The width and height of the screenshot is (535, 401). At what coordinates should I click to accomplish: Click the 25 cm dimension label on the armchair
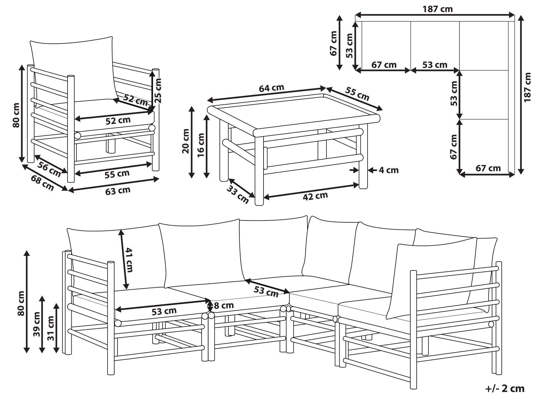coord(159,90)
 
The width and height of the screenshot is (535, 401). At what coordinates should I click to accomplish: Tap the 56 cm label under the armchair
coord(49,169)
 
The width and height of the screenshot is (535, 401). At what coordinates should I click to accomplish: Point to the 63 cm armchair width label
coord(118,191)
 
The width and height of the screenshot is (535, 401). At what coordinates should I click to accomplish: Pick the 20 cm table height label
coord(186,141)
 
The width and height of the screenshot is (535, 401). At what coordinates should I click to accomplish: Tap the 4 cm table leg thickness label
coord(389,170)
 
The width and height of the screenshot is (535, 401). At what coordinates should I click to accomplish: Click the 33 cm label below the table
coord(238,194)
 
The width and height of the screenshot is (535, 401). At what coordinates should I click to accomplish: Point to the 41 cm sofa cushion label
coord(129,260)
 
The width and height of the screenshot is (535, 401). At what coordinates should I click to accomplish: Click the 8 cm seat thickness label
coord(224,305)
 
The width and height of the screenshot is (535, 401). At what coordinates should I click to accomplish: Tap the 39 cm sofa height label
coord(37,324)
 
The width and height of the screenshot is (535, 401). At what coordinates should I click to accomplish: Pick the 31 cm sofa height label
coord(51,328)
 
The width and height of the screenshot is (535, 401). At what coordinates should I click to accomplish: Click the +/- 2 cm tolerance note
coord(505,388)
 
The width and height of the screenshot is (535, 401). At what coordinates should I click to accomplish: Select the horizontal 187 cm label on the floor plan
coord(438,9)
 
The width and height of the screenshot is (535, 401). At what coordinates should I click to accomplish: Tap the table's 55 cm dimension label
coord(357,94)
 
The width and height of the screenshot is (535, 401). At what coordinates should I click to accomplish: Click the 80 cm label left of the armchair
coord(16,115)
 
